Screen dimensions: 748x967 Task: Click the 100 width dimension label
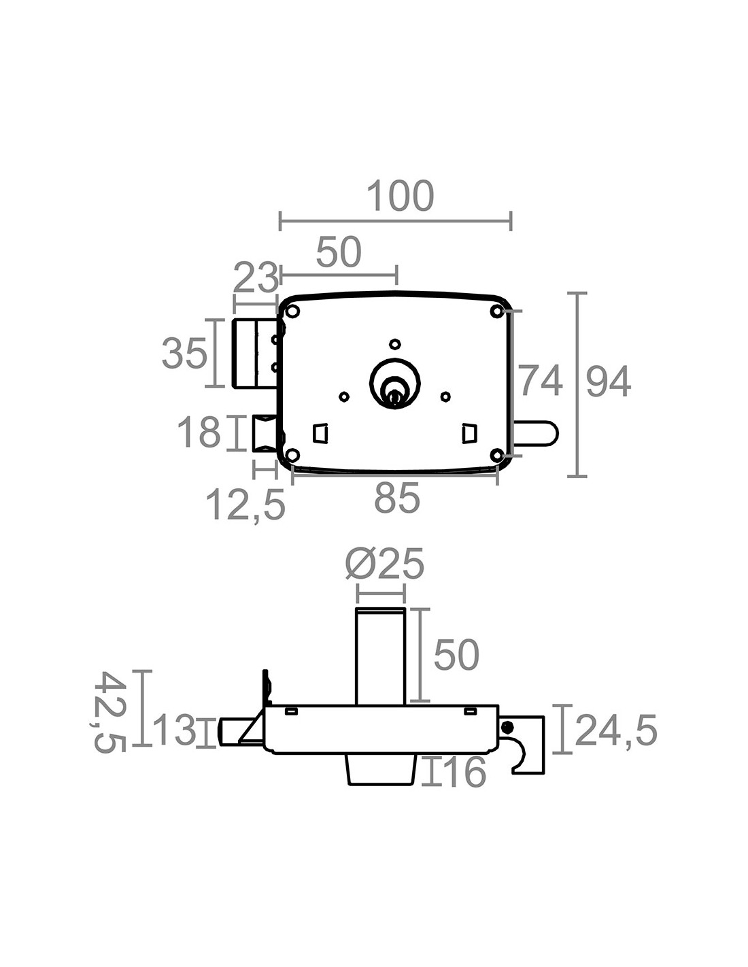[400, 197]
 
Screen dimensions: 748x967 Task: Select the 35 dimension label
[184, 354]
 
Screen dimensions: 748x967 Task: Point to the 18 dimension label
[199, 432]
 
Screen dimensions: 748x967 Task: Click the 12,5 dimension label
[245, 505]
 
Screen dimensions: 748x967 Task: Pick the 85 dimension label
[397, 498]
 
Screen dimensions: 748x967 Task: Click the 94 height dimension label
[609, 381]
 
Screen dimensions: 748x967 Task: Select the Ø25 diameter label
[385, 564]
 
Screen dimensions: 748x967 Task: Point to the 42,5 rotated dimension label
[109, 712]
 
